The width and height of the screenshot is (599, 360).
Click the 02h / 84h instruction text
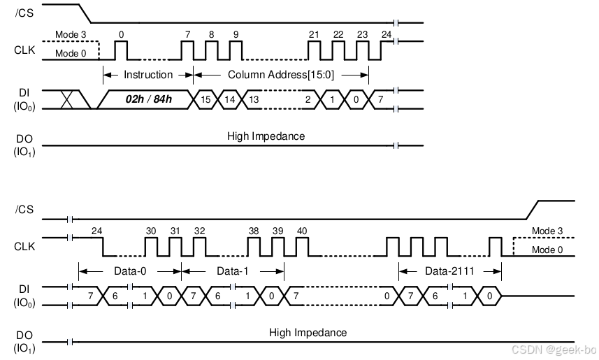(x=148, y=100)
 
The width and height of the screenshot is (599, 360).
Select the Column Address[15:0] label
(x=280, y=74)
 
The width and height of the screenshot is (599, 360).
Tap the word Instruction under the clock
(x=148, y=74)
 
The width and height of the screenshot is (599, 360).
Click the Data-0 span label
(x=129, y=271)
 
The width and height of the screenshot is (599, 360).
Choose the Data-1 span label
(x=233, y=271)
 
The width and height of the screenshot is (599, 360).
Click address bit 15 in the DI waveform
(x=206, y=100)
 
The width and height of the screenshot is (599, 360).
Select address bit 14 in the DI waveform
(x=230, y=100)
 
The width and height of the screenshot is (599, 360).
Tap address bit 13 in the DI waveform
(x=254, y=100)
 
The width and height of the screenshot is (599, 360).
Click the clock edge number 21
(x=314, y=34)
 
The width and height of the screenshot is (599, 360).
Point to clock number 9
(x=236, y=34)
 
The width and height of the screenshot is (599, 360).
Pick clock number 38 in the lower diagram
(x=254, y=231)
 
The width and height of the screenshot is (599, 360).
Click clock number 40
(x=302, y=231)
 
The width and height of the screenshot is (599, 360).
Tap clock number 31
(x=175, y=231)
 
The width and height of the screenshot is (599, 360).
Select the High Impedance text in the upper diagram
(x=266, y=136)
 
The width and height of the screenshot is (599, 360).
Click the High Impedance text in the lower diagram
(x=308, y=333)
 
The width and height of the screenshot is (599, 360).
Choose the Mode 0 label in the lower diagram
(x=547, y=250)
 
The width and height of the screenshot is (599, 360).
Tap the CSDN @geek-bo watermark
(x=551, y=349)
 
